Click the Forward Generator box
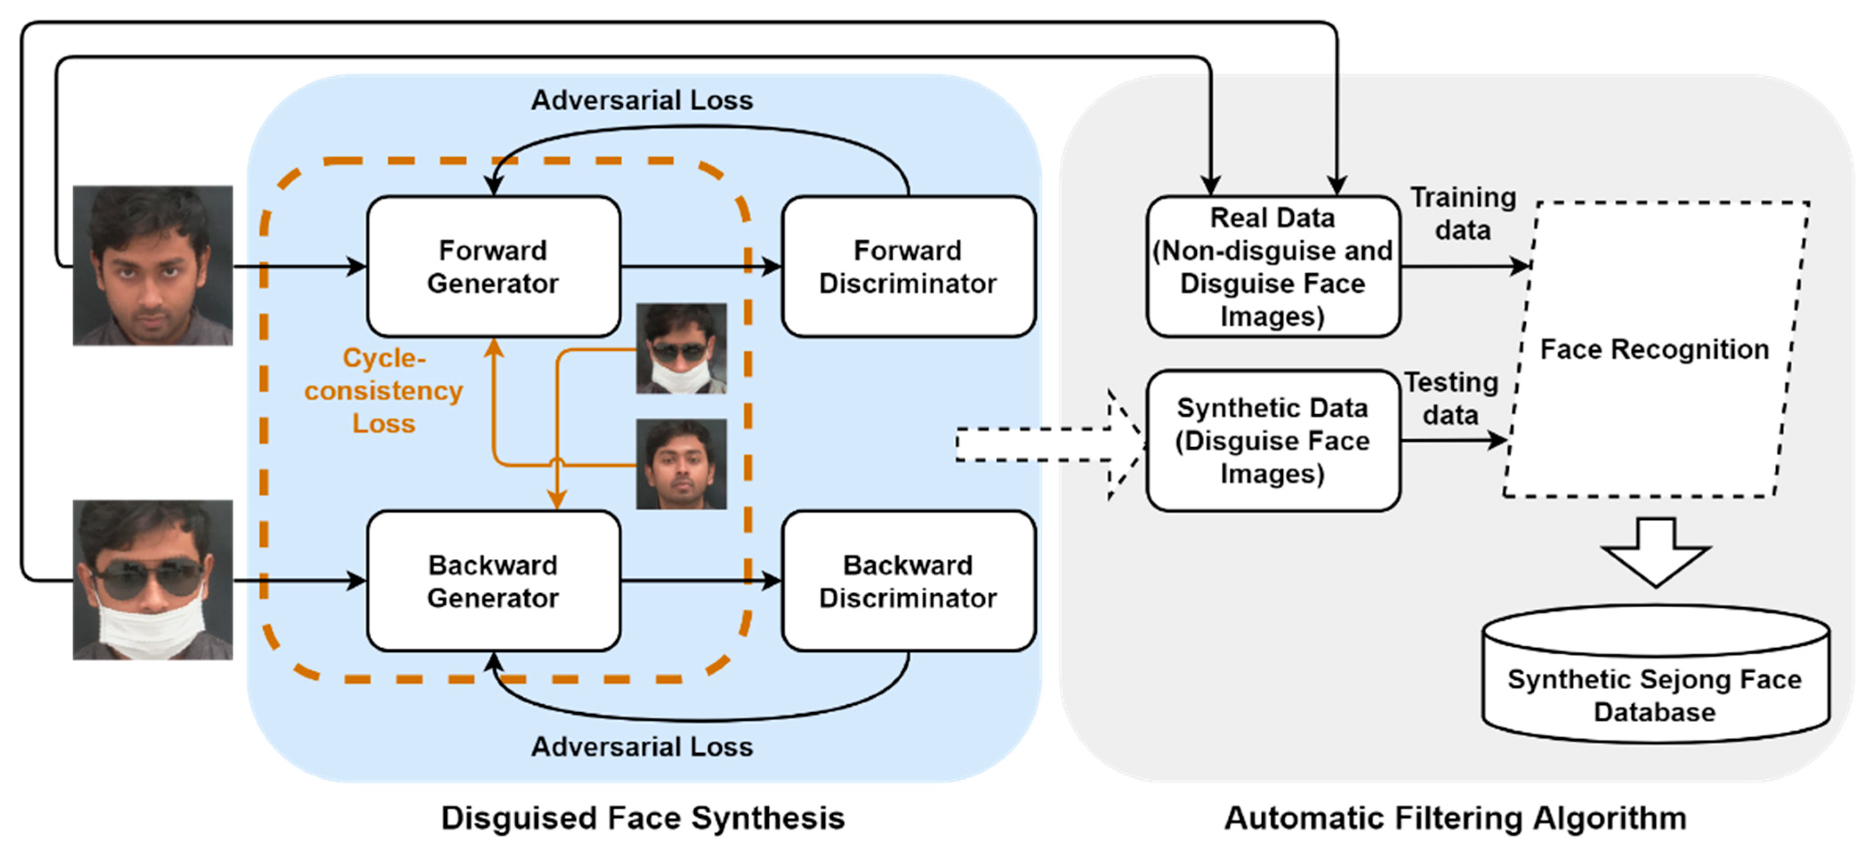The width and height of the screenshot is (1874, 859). (493, 266)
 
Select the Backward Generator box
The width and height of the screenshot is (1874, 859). (493, 580)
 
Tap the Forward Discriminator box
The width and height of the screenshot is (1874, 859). (908, 266)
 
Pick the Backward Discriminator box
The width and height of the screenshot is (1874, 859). (908, 580)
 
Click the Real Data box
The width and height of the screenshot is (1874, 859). (1273, 266)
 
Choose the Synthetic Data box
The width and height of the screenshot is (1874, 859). (1273, 441)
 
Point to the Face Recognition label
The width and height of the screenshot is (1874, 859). (1654, 349)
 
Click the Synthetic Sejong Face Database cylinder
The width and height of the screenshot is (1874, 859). (1656, 674)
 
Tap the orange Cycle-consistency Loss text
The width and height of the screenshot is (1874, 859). (383, 390)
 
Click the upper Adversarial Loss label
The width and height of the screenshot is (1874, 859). (642, 100)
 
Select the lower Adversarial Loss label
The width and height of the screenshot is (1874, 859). (642, 746)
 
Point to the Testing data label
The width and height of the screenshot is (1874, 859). (1451, 398)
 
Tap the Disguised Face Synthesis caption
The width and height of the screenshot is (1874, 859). (643, 818)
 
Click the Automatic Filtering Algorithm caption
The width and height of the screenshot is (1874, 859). (1455, 818)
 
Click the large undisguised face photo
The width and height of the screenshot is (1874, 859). (153, 265)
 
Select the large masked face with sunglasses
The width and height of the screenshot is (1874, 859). (153, 580)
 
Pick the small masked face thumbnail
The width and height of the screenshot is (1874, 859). (682, 349)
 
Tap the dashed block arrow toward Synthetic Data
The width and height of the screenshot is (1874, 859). (1051, 445)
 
